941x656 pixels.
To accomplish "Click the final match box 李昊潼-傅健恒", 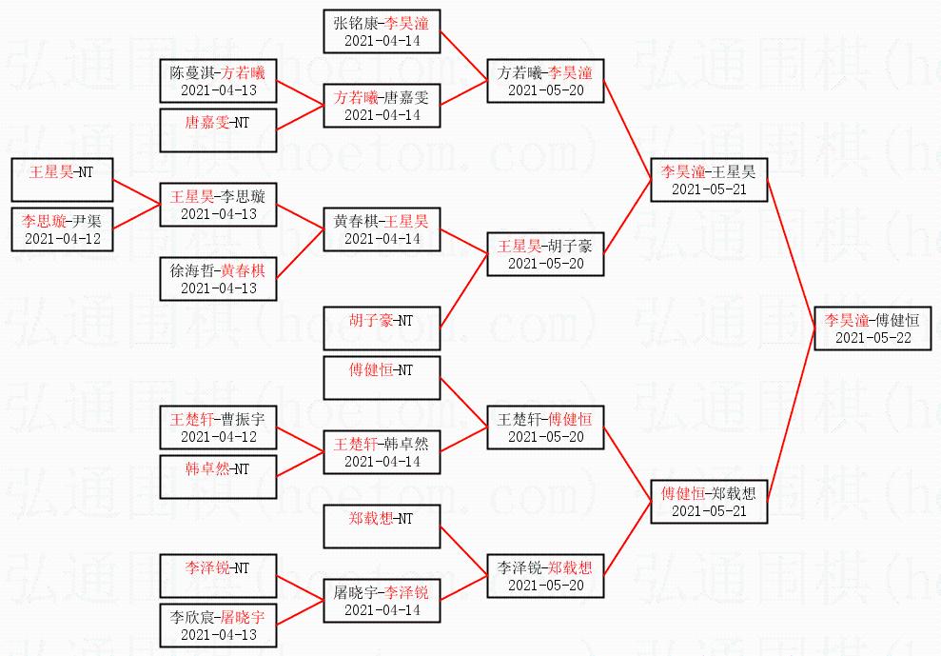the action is [x=872, y=328].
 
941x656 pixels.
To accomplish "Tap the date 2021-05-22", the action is [x=872, y=337].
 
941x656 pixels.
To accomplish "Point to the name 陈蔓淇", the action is [x=186, y=72].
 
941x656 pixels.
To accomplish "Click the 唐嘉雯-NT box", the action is [x=218, y=130].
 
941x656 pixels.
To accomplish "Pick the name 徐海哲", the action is [x=186, y=270].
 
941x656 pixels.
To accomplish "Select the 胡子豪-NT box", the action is [x=382, y=328].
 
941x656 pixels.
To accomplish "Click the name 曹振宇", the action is [x=241, y=419].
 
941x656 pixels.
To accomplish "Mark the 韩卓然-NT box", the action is [x=218, y=477].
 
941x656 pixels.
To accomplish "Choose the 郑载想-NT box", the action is [x=382, y=527].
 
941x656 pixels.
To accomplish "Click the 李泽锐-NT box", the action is [x=218, y=576].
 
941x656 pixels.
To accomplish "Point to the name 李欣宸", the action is [x=186, y=617].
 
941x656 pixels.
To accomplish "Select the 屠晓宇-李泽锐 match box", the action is [x=382, y=601].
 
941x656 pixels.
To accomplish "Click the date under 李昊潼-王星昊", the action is [x=709, y=189].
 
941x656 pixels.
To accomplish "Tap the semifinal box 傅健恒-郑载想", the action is [x=709, y=502].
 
